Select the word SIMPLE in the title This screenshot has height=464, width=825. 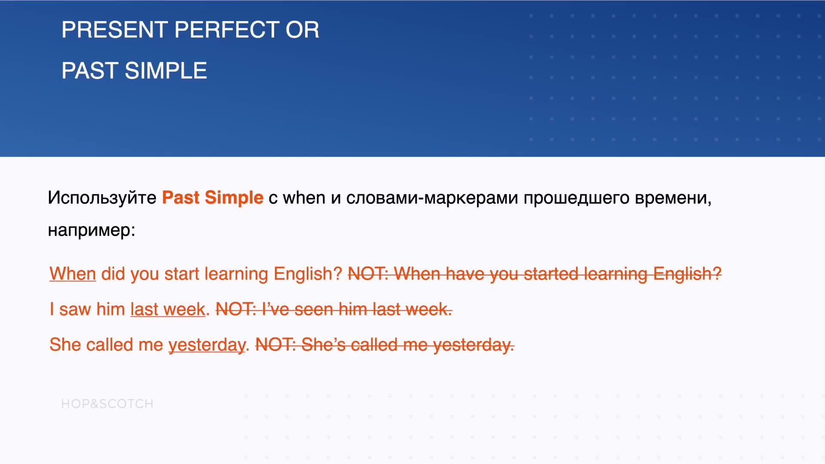166,71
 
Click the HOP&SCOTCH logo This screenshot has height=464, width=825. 107,404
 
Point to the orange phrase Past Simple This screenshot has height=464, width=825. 213,198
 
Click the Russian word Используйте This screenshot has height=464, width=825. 102,198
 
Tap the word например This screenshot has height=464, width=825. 92,231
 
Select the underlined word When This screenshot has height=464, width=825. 73,274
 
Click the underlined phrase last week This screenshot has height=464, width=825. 168,309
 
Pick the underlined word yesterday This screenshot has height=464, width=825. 207,345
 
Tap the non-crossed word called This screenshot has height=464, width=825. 110,345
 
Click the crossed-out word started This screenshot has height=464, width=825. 551,274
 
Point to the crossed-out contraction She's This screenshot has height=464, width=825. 324,345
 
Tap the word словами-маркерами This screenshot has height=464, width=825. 432,198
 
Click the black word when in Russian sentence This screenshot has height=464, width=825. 304,198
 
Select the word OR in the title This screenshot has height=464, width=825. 302,30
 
